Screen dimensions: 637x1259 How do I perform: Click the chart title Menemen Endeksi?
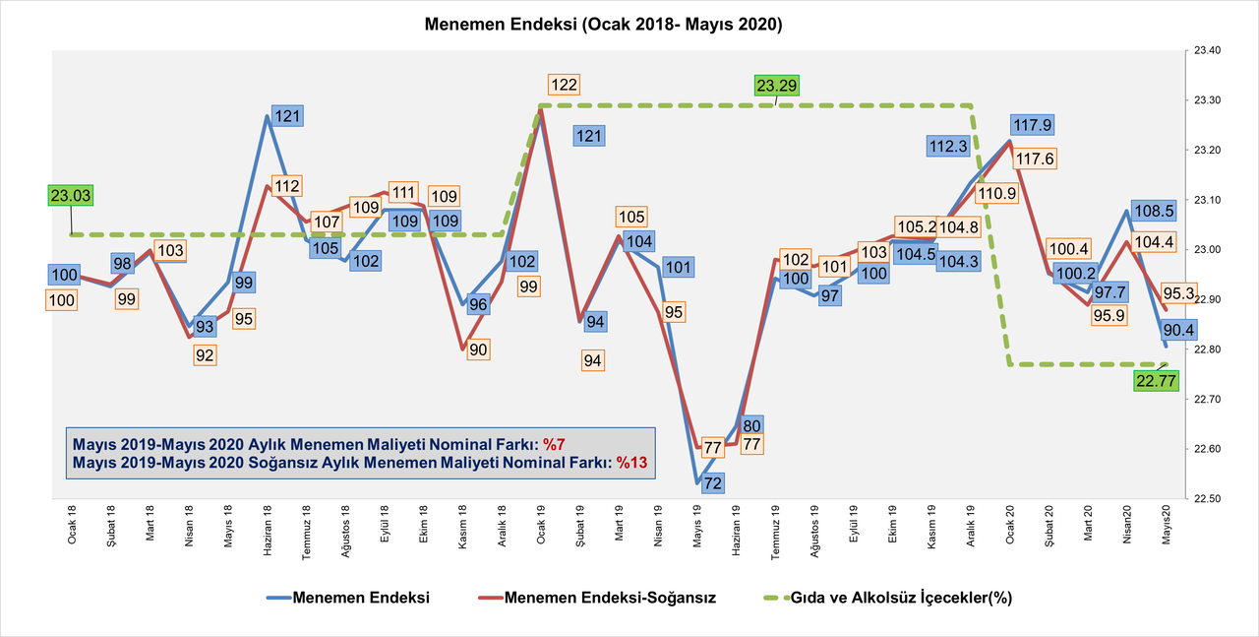(x=603, y=25)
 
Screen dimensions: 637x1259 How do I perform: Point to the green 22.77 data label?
(x=1156, y=382)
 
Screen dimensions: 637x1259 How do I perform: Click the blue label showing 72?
(x=713, y=482)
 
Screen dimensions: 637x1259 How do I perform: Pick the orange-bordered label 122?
(x=564, y=85)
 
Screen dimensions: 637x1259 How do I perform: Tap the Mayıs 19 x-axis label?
(x=698, y=531)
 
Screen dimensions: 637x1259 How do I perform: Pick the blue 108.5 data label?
(x=1154, y=211)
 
